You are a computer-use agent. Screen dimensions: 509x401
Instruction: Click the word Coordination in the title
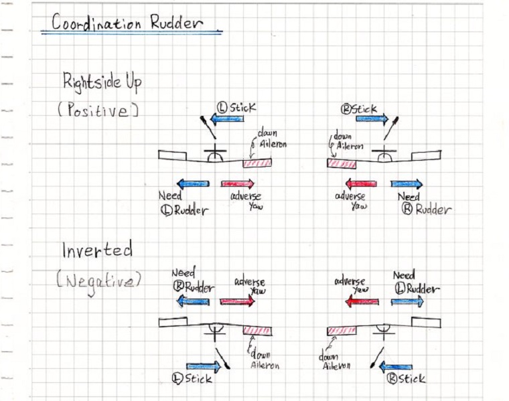(x=96, y=22)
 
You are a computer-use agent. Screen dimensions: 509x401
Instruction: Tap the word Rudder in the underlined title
(x=177, y=22)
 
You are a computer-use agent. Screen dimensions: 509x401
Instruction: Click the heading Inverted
(x=97, y=250)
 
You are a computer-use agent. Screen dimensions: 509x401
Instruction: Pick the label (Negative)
(x=99, y=281)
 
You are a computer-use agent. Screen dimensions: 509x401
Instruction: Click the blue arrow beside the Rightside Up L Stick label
(x=227, y=118)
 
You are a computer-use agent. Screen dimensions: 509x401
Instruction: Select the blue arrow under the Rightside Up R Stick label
(x=372, y=118)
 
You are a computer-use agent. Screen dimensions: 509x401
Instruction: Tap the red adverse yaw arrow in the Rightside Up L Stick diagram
(x=238, y=184)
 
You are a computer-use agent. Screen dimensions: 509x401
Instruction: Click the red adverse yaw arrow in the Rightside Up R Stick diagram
(x=361, y=184)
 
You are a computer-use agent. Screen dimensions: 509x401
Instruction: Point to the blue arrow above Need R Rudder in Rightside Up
(x=407, y=184)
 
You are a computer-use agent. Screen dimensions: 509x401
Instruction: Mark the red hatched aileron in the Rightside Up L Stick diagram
(x=257, y=163)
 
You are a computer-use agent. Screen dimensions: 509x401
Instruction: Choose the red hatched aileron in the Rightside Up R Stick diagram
(x=342, y=164)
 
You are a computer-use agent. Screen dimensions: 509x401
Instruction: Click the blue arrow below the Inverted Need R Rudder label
(x=193, y=301)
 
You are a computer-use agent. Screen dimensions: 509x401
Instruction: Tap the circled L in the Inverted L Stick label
(x=177, y=379)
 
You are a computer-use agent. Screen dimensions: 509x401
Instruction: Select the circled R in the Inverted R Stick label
(x=392, y=379)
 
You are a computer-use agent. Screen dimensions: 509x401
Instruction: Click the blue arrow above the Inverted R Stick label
(x=396, y=367)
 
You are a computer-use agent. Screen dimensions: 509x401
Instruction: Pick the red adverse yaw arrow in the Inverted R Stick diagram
(x=362, y=302)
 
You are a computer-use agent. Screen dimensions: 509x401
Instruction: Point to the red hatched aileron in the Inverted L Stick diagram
(x=257, y=331)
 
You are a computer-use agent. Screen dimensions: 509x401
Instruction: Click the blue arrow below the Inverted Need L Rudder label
(x=407, y=302)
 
